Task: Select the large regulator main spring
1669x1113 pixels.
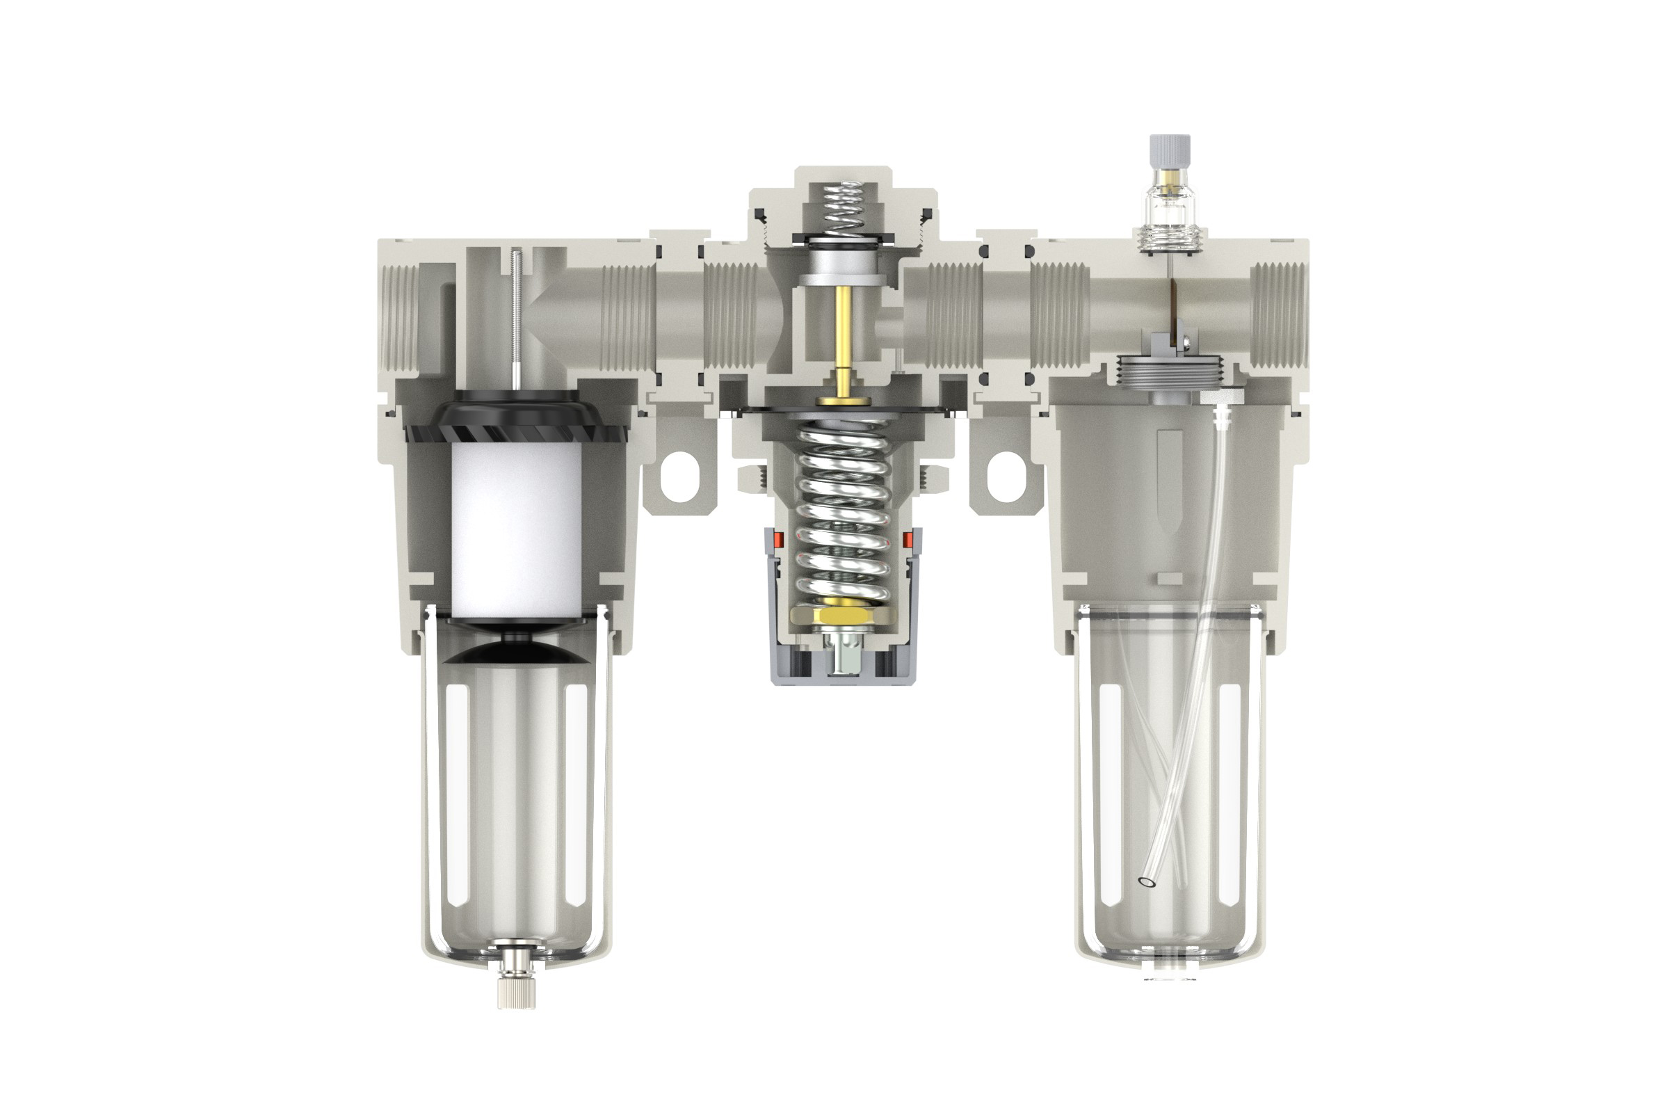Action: click(x=843, y=511)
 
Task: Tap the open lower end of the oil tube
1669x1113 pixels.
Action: click(x=1145, y=882)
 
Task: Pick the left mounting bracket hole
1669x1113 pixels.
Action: click(x=680, y=477)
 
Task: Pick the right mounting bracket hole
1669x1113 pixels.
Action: click(x=1006, y=477)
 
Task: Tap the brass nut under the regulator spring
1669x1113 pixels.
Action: click(x=843, y=615)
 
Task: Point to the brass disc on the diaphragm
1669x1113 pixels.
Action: click(x=843, y=401)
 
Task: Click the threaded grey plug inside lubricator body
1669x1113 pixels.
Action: click(x=1170, y=373)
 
